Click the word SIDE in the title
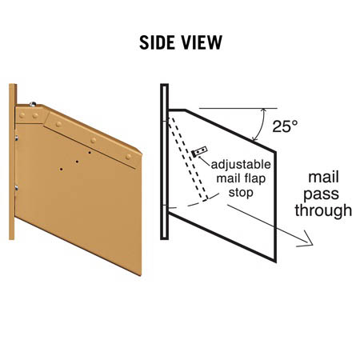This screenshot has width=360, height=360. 157,42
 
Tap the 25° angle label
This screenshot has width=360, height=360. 285,126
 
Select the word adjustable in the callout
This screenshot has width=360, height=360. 241,165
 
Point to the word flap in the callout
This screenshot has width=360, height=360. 254,178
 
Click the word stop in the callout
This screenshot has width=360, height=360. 241,193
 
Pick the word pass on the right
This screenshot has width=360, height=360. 321,194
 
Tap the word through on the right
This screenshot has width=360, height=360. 323,210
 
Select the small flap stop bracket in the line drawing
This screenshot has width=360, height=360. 199,152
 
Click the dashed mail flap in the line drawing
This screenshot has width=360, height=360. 188,158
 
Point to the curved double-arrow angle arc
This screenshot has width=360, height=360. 260,125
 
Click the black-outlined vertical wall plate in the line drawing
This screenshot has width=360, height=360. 164,162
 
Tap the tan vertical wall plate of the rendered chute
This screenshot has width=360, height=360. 12,162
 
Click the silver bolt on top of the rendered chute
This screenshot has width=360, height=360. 33,104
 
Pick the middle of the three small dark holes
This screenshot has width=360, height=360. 77,162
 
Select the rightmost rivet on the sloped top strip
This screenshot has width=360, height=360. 129,157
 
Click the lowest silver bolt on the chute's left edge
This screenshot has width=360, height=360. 17,188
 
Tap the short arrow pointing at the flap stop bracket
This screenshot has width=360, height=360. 205,162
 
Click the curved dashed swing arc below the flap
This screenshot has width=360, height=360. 194,203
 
